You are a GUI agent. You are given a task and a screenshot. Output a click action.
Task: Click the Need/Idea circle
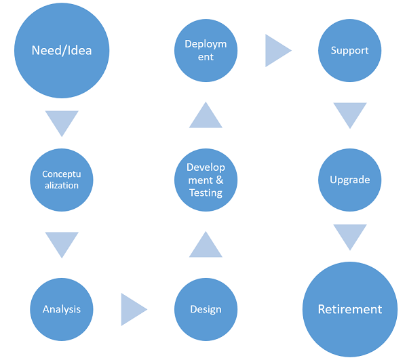point(62,51)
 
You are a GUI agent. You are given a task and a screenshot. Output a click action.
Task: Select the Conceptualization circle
point(62,180)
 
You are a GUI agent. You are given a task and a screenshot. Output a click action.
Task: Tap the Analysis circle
point(62,309)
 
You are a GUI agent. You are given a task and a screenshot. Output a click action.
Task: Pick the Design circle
point(206,309)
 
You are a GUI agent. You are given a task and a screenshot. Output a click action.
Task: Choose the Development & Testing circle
point(206,180)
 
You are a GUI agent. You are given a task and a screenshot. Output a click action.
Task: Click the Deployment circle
point(206,51)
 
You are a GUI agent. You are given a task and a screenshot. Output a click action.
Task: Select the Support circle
point(349,51)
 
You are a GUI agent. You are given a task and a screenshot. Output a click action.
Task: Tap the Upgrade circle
point(349,180)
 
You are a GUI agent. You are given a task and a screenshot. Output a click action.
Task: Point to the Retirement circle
point(349,309)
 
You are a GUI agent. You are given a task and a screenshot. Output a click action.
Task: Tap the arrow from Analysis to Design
point(132,309)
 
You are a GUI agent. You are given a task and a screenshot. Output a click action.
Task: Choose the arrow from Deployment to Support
point(276,51)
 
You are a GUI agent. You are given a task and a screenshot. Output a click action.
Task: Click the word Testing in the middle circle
point(206,193)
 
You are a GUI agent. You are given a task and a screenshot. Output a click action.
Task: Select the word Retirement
point(349,309)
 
